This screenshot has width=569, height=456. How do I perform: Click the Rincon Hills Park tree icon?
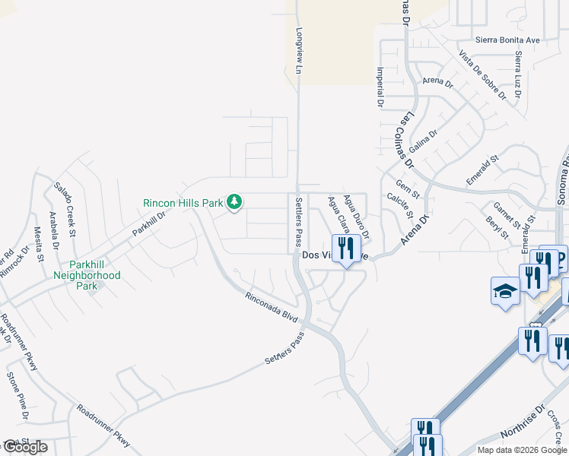click(x=236, y=201)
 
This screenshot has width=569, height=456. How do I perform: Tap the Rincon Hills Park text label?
click(x=183, y=203)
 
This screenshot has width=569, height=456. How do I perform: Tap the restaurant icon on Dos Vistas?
click(x=346, y=248)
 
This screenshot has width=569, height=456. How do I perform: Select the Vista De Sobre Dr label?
click(x=482, y=74)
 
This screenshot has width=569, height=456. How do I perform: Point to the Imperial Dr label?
click(x=379, y=85)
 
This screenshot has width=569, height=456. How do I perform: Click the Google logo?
click(x=24, y=447)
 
